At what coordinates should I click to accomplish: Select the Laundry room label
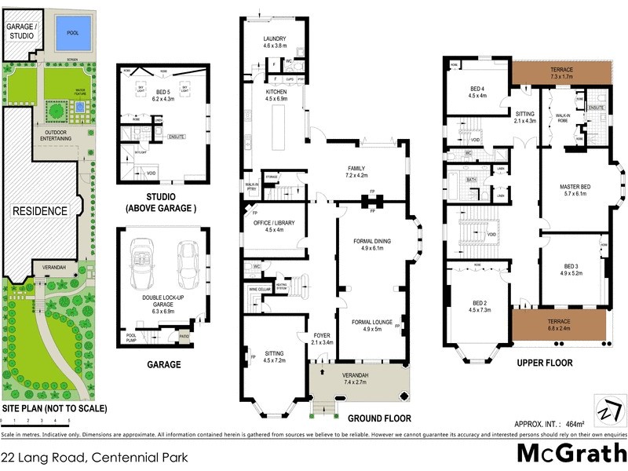275,38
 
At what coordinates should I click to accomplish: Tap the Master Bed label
575,186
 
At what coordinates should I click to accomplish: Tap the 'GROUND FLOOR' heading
378,418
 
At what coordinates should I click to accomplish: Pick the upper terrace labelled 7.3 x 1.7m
562,72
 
